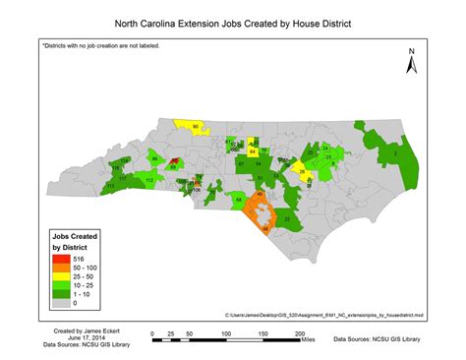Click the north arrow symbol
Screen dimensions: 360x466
pos(414,62)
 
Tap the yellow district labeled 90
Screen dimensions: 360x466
pos(194,126)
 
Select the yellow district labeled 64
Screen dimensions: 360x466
pos(253,152)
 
